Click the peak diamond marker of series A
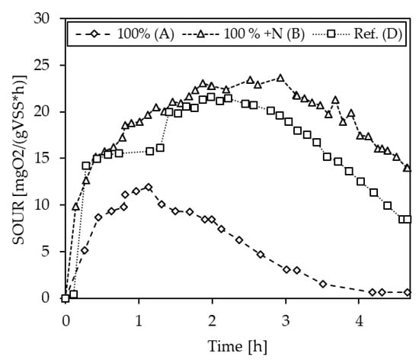(x=148, y=187)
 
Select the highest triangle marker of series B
(x=280, y=78)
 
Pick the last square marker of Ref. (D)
(x=408, y=219)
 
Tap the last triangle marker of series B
(x=408, y=168)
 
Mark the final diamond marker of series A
(x=408, y=292)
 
